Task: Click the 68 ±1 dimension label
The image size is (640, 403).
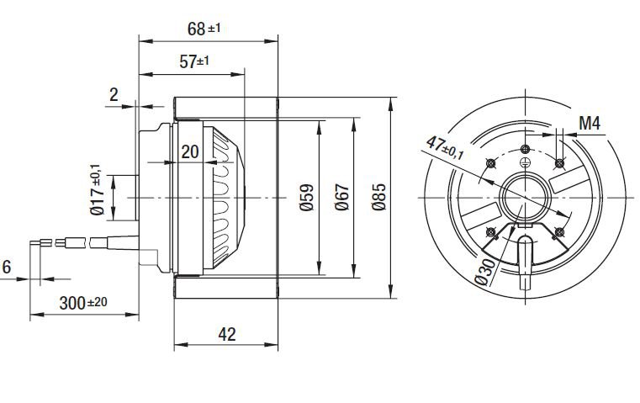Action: click(x=204, y=29)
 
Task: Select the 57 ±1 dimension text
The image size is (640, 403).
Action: click(x=194, y=61)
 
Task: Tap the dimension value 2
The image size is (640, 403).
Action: click(x=114, y=95)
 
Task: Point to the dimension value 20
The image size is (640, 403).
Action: click(x=190, y=151)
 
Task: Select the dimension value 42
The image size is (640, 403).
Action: click(x=226, y=334)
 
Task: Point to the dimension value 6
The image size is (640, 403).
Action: click(x=7, y=268)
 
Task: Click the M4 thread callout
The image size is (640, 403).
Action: click(x=590, y=124)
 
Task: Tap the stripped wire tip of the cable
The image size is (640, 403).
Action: click(x=37, y=243)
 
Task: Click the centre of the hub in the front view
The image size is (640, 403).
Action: click(x=525, y=198)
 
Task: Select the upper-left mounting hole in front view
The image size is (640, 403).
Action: click(x=489, y=163)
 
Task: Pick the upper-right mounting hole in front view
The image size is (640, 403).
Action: click(x=561, y=163)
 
